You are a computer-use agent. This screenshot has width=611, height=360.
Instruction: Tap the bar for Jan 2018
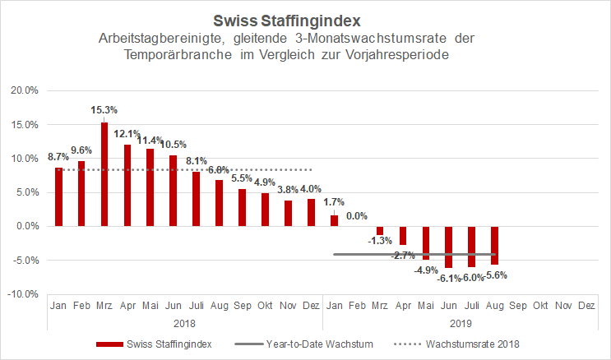click(x=58, y=196)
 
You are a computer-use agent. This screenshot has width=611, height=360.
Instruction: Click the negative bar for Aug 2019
click(x=494, y=245)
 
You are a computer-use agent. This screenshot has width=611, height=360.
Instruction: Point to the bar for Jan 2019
click(x=334, y=220)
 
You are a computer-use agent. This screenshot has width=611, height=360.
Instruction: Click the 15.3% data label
click(x=104, y=109)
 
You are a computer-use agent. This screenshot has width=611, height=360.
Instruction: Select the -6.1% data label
click(x=448, y=279)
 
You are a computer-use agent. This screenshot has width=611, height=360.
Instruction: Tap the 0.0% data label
click(x=356, y=216)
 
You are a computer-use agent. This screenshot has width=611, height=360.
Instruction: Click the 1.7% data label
click(x=333, y=201)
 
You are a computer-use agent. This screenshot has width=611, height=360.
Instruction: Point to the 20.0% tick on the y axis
click(x=23, y=90)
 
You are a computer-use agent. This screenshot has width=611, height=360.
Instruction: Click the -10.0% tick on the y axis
click(x=22, y=293)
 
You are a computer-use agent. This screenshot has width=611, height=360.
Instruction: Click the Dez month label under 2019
click(x=586, y=305)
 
